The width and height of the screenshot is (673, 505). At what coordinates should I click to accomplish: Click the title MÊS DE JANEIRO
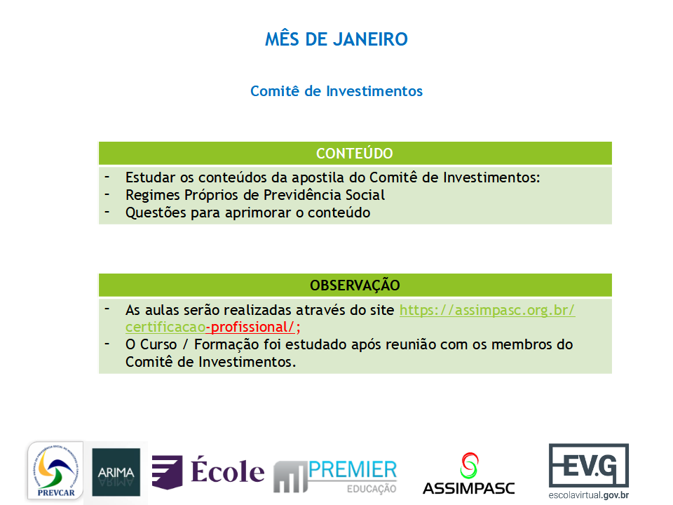(336, 39)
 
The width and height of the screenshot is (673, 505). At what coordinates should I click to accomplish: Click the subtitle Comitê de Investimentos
(336, 91)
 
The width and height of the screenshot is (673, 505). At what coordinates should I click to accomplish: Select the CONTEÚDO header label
(355, 154)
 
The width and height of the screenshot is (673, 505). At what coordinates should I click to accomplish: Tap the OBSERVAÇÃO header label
(355, 285)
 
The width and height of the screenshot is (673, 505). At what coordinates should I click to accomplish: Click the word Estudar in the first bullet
(151, 177)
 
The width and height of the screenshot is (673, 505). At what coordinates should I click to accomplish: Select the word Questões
(156, 213)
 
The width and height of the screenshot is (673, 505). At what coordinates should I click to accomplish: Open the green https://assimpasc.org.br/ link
(487, 310)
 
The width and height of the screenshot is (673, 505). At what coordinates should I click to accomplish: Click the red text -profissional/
(251, 328)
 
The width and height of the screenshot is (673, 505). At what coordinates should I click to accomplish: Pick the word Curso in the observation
(158, 344)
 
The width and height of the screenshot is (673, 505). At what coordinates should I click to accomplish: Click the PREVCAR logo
(56, 471)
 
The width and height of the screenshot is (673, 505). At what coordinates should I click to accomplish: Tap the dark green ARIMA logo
(116, 472)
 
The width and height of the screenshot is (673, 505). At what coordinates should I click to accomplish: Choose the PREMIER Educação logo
(335, 476)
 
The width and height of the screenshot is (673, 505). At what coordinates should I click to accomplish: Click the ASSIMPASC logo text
(469, 488)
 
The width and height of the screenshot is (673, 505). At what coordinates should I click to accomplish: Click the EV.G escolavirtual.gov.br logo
(588, 471)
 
